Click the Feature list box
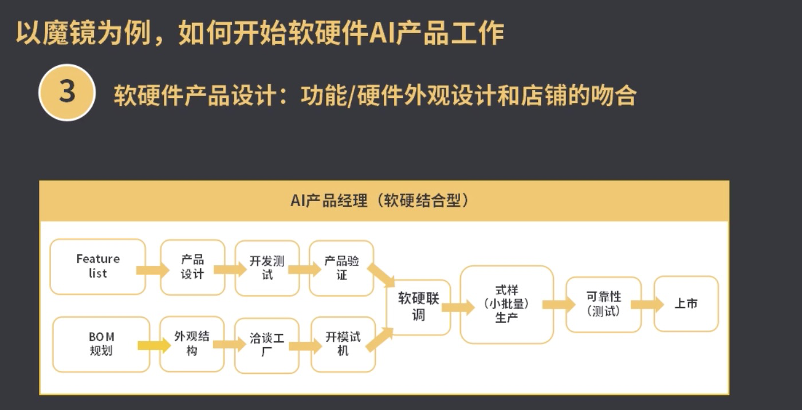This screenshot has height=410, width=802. click(97, 267)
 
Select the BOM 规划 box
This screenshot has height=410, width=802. click(101, 344)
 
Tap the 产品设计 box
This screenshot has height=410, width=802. click(192, 267)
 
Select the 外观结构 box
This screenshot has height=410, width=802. click(192, 344)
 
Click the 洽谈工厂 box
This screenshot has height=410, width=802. click(267, 345)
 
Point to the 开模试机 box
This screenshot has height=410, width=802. click(343, 344)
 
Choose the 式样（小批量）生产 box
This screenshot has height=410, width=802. click(506, 304)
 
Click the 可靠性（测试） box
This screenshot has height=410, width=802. click(603, 304)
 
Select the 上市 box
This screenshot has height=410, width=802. click(686, 303)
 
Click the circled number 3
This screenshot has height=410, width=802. click(67, 92)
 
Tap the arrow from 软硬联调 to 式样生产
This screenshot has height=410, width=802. click(458, 307)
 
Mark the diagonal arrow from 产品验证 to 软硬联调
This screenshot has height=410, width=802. click(381, 274)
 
